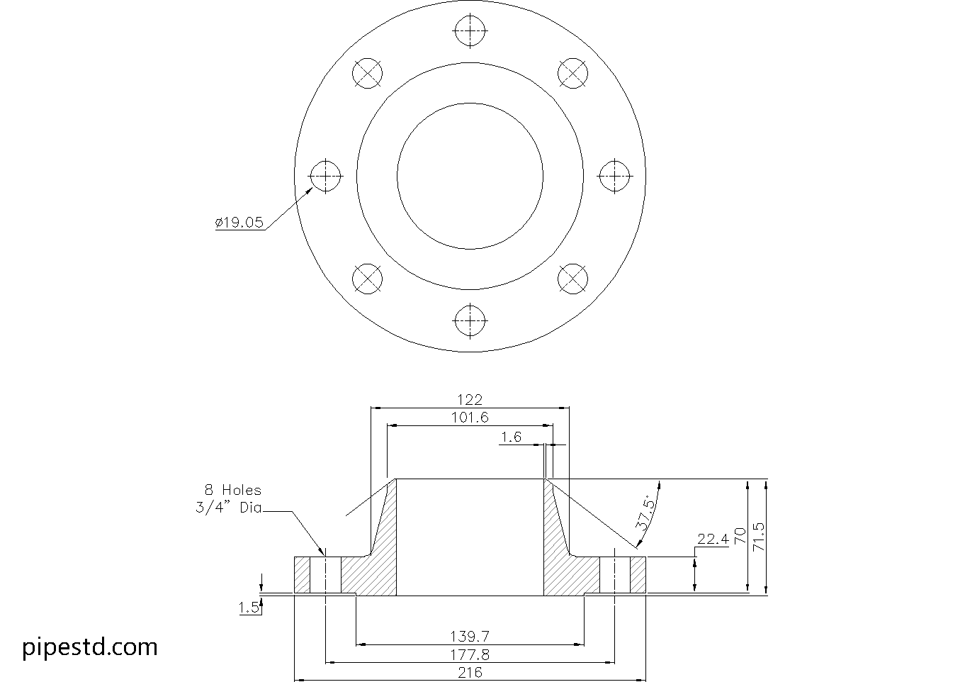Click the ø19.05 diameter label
coord(239,223)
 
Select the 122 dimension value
coord(470,400)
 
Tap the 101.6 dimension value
coord(470,418)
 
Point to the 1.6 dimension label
coord(511,437)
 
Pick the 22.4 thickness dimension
coord(712,540)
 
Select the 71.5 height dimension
coord(758,537)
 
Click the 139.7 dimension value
coord(470,636)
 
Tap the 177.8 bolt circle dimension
coord(470,654)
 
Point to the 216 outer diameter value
coord(470,672)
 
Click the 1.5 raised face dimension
coord(248,608)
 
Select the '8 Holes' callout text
coord(232,490)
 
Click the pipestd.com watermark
coord(90,647)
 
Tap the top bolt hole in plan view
coord(470,31)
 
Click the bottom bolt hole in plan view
coord(470,321)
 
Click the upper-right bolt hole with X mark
coord(572,73)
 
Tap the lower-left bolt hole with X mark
coord(367,278)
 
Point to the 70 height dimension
coord(740,535)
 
